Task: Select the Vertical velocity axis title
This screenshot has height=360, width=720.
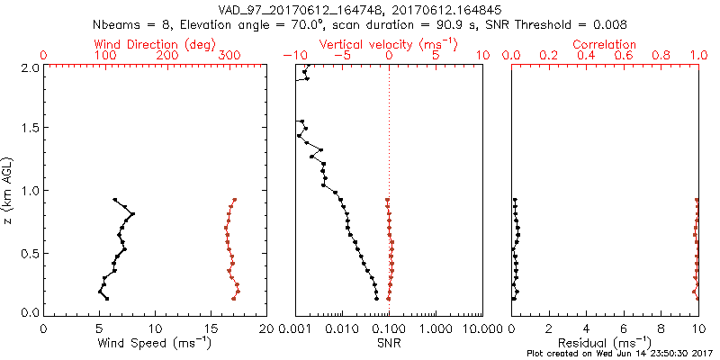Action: click(x=388, y=43)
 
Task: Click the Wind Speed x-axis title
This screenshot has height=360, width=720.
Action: click(x=156, y=343)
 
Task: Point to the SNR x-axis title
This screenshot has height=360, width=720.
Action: click(x=389, y=343)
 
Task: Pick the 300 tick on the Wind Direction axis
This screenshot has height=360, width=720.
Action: click(x=230, y=56)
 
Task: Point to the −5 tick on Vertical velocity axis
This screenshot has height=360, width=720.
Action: click(x=341, y=56)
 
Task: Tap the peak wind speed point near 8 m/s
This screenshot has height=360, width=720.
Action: click(x=132, y=213)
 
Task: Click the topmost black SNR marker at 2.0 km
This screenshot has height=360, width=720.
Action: click(x=308, y=67)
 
